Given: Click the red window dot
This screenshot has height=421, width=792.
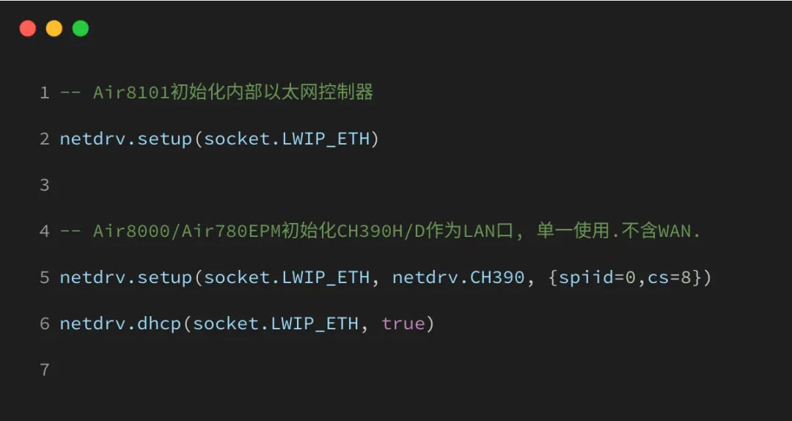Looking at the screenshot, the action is coord(28,29).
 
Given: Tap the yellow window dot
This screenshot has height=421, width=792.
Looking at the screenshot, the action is coord(54,29).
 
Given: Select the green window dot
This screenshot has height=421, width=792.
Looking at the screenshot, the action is coord(81,29).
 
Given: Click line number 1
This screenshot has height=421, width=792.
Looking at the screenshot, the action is coord(45,92).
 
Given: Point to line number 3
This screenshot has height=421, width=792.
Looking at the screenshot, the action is coord(45,185).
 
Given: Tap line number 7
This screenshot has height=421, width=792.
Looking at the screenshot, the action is coord(45,370).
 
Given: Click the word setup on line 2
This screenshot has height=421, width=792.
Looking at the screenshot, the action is coord(164,139).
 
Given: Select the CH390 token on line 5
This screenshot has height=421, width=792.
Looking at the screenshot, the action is coord(498,277).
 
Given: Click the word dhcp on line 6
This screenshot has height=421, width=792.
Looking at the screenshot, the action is coord(159,323).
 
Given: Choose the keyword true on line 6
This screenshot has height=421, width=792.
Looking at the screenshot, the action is coord(403,323).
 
